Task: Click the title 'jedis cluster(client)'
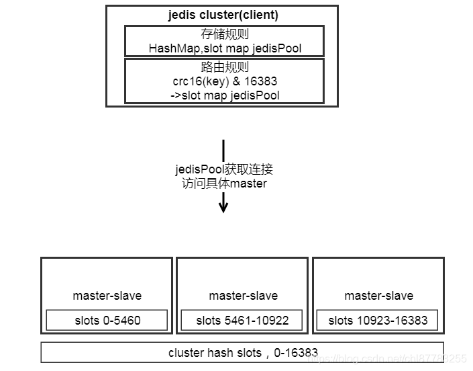(223, 15)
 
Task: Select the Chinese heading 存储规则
(224, 35)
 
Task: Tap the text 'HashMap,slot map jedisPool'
(225, 48)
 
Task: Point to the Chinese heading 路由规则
(224, 68)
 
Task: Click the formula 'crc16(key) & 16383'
(225, 81)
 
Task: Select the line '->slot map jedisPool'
(225, 95)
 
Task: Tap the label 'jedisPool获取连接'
(224, 169)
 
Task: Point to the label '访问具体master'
(224, 183)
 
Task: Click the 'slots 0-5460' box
(107, 321)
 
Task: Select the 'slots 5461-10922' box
(242, 321)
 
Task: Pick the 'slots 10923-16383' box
(377, 321)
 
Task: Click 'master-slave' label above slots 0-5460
(107, 296)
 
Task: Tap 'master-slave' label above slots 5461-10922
(243, 296)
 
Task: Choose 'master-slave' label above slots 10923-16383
(378, 296)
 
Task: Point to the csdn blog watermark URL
(386, 360)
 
